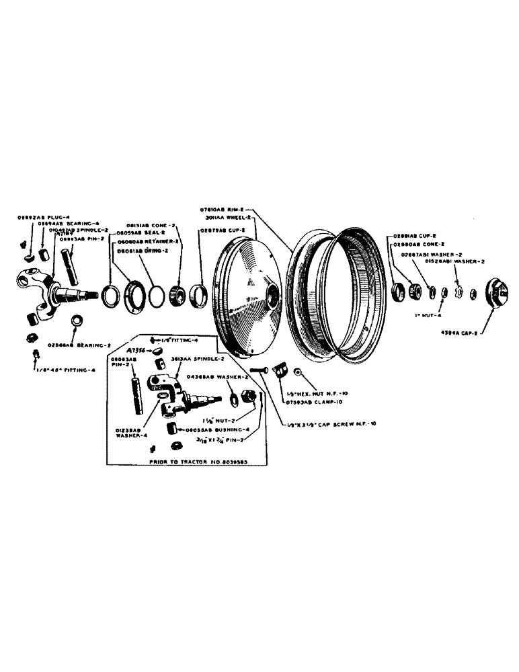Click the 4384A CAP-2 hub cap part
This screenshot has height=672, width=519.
(496, 293)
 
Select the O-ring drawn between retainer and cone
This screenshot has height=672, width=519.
(156, 296)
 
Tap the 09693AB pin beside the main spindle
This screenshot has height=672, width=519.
(69, 264)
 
